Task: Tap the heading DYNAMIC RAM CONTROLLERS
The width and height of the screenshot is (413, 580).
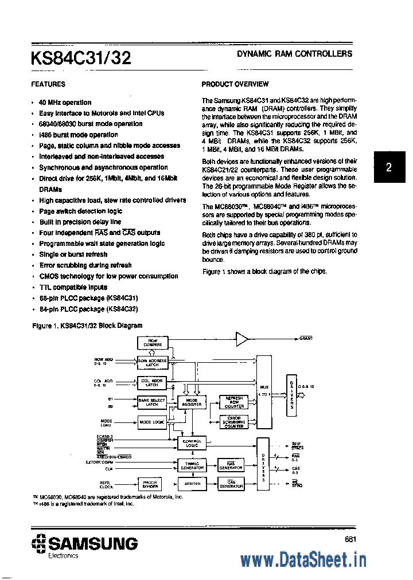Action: point(294,54)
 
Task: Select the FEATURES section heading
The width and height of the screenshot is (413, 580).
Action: point(48,84)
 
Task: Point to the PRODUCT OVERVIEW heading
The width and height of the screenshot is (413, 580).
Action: point(235,84)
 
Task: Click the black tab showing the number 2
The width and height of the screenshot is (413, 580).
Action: point(388,167)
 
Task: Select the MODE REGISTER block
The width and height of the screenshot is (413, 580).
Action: point(192,402)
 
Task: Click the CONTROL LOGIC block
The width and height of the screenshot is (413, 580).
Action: point(192,442)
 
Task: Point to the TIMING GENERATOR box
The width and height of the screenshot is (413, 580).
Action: point(192,466)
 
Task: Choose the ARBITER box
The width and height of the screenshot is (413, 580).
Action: point(192,484)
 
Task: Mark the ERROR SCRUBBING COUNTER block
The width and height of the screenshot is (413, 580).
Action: point(233,422)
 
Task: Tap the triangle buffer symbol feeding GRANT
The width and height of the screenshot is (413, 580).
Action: point(243,339)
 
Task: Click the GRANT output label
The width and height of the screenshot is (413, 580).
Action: point(306,339)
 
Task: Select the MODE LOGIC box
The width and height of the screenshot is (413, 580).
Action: point(151,422)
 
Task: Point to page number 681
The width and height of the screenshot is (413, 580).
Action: point(352,538)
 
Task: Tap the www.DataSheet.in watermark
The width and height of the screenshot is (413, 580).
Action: point(303,560)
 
